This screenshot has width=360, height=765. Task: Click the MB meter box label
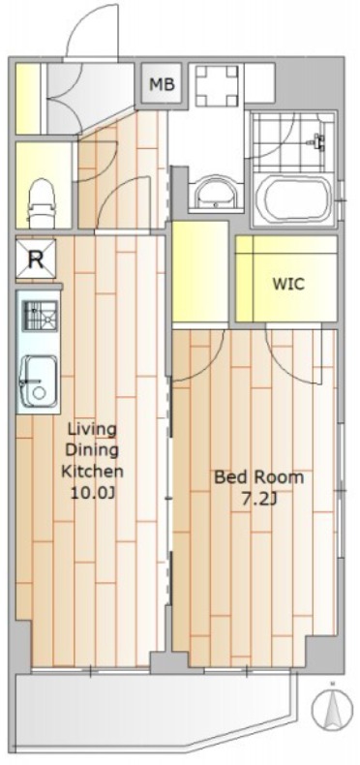(x=162, y=85)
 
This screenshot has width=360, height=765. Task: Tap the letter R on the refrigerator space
(x=36, y=260)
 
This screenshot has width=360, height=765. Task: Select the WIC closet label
(x=288, y=284)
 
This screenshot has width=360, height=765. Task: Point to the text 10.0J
(x=93, y=493)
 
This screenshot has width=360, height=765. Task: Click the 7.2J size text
(x=259, y=499)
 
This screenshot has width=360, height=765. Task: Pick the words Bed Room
(x=259, y=476)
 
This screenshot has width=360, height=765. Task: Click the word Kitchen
(x=92, y=472)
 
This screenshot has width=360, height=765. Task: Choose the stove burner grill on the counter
(x=41, y=316)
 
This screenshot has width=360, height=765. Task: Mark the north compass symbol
(x=332, y=708)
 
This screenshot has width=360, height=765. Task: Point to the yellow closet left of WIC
(x=200, y=271)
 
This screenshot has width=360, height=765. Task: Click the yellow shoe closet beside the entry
(x=28, y=99)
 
